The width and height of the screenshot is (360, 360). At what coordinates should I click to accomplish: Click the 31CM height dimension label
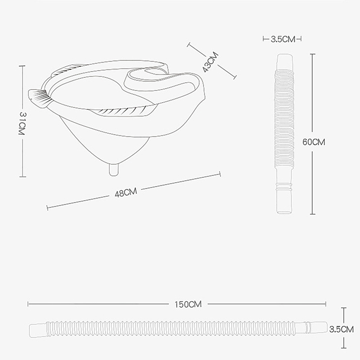22,123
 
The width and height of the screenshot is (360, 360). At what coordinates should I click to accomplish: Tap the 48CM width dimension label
126,193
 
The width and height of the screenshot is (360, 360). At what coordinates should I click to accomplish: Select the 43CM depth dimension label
210,62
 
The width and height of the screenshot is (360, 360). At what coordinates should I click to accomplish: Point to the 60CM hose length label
314,142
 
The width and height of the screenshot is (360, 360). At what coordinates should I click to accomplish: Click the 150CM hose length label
188,305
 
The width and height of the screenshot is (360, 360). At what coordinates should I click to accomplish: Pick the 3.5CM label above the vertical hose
283,39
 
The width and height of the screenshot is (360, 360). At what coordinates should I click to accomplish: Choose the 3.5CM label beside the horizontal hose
342,329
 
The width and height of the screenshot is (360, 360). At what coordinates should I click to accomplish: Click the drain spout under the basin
114,170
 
